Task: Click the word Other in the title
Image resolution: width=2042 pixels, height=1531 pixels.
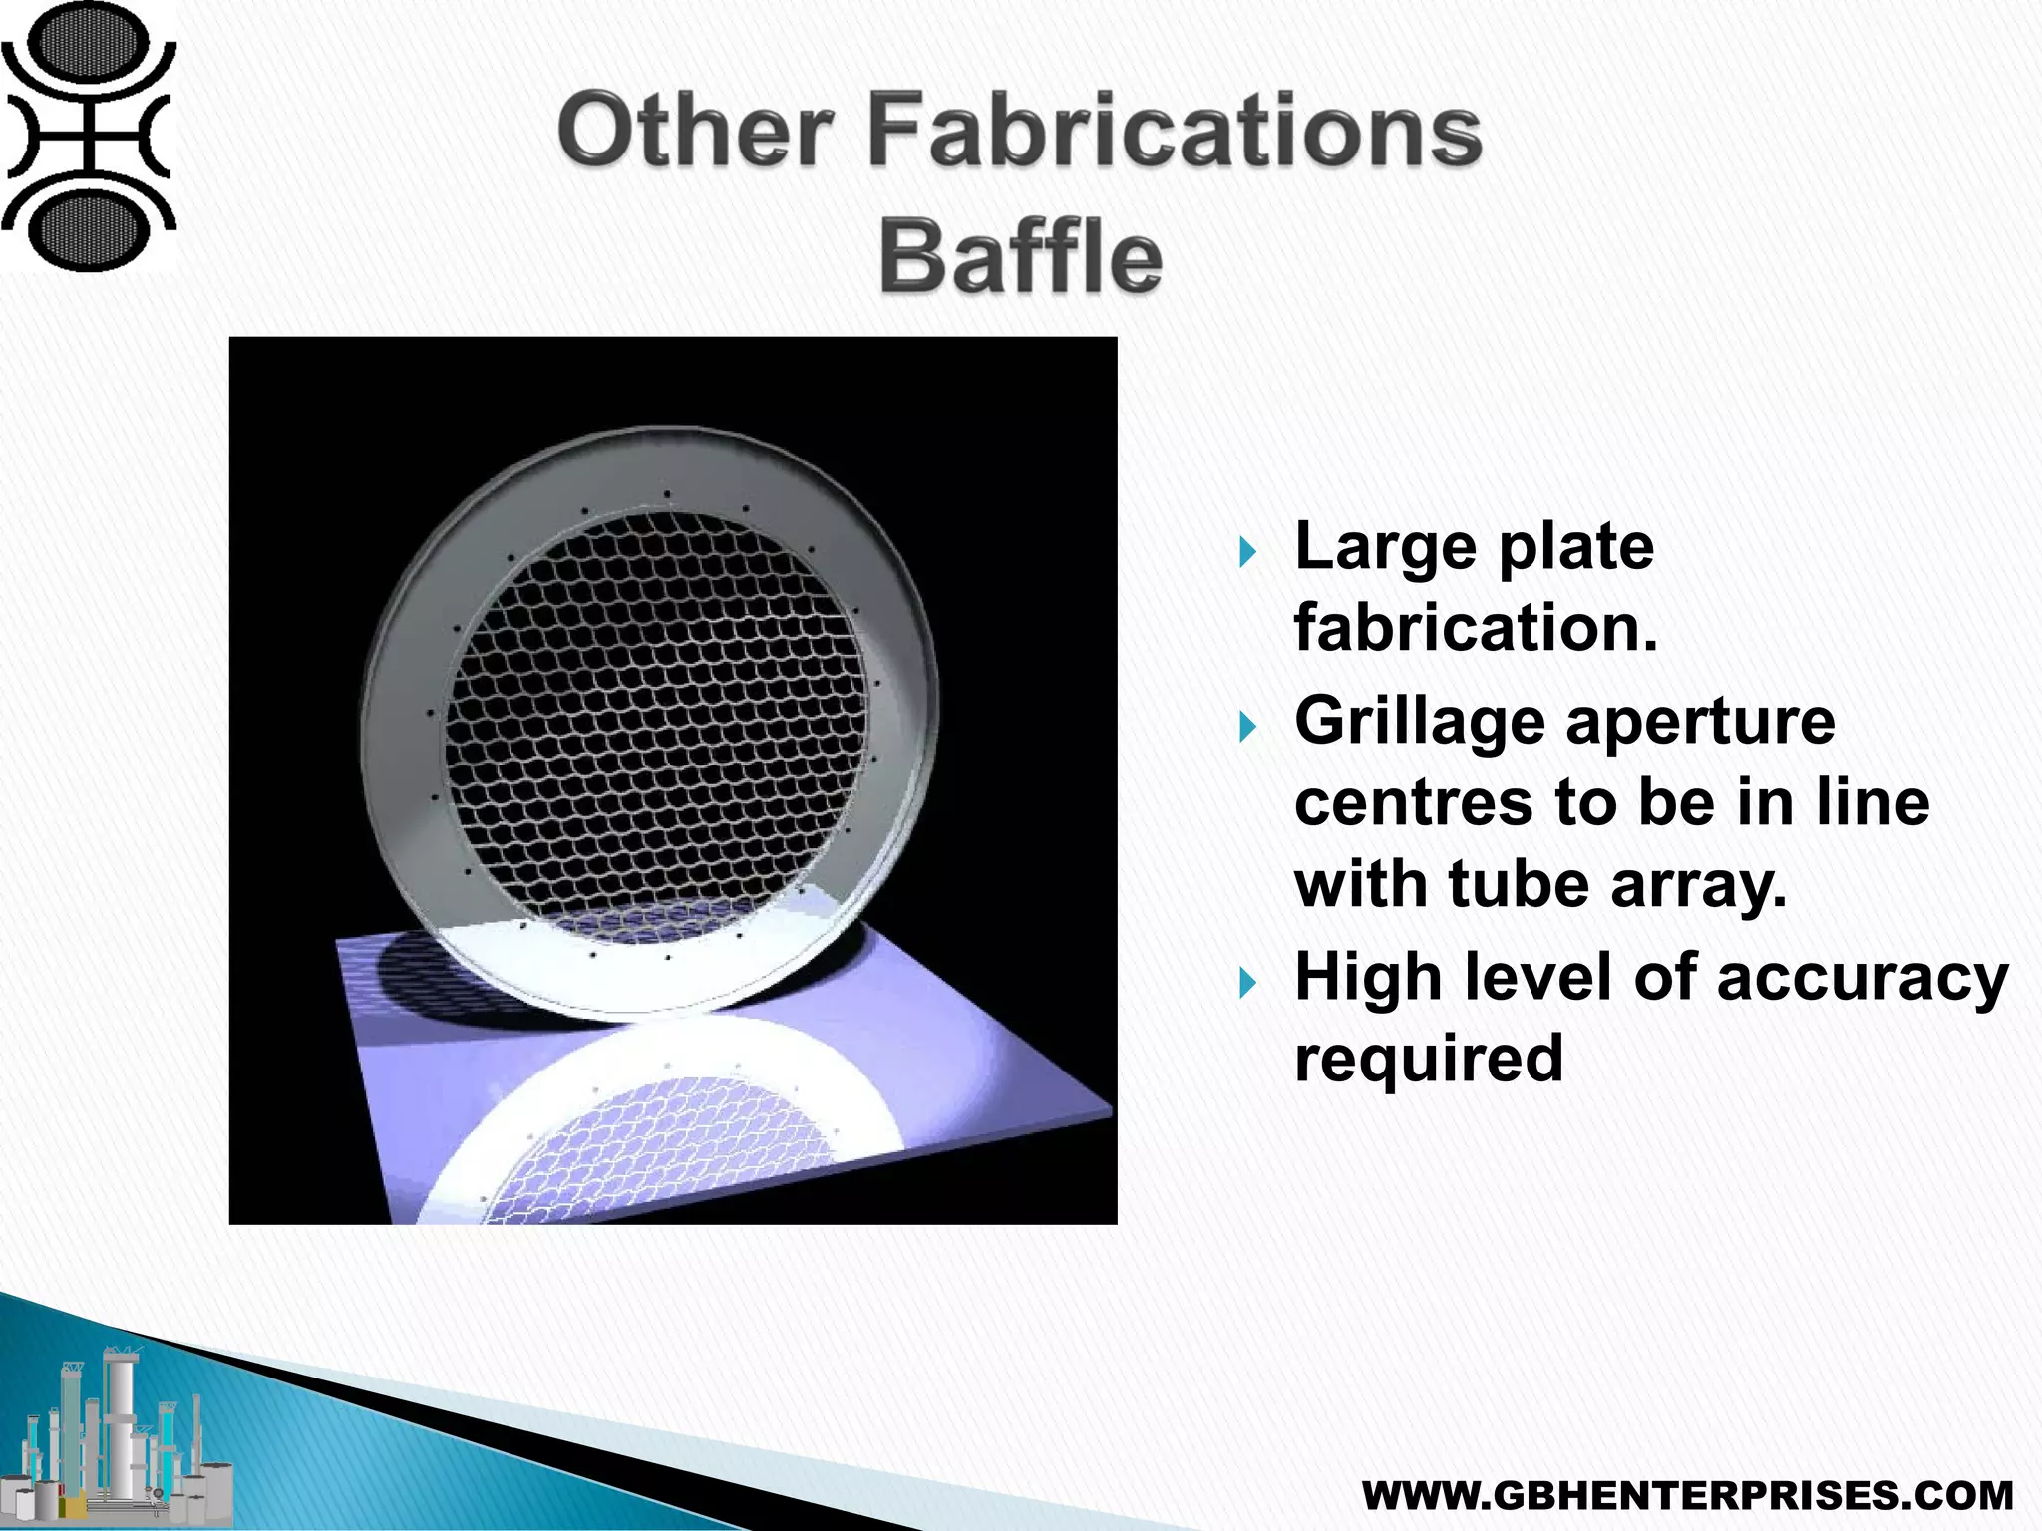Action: (x=695, y=132)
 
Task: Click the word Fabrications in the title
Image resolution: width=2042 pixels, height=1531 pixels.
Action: (x=1175, y=132)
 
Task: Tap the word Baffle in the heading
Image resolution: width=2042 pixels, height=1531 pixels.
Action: (x=1020, y=257)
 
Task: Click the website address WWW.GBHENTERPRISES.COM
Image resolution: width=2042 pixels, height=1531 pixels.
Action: (x=1687, y=1496)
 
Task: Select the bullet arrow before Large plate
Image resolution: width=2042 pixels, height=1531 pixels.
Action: (x=1248, y=551)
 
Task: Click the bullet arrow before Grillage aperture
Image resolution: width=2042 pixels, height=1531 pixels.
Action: (x=1248, y=726)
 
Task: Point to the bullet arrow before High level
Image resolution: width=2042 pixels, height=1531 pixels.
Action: (x=1248, y=983)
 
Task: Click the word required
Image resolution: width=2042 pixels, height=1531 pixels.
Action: (x=1429, y=1059)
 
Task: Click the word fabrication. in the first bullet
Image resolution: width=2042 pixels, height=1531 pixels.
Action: (x=1476, y=629)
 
